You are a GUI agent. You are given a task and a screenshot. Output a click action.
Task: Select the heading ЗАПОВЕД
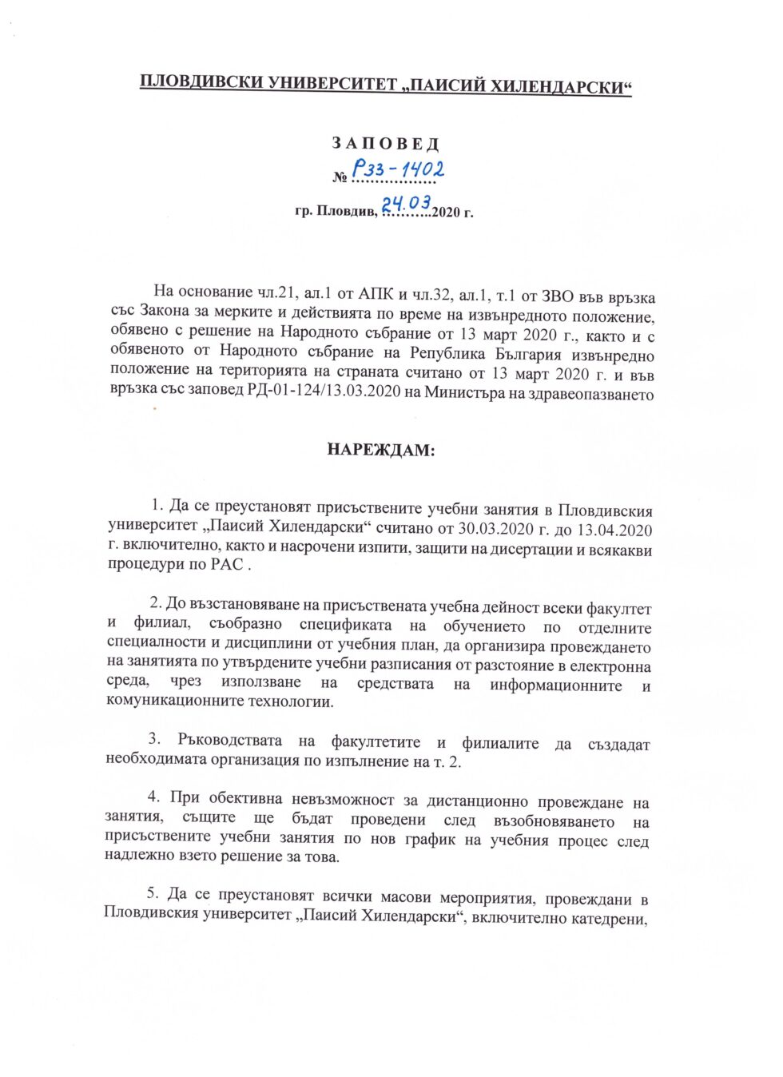(x=386, y=144)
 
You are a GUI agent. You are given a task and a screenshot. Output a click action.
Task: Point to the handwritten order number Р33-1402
(x=398, y=169)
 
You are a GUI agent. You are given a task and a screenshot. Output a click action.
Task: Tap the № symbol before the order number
(x=340, y=177)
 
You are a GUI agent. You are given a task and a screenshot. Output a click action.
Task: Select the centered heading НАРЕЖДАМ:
(x=380, y=450)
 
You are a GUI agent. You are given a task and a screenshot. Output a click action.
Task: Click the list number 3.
(x=154, y=738)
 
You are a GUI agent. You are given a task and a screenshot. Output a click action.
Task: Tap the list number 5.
(x=153, y=893)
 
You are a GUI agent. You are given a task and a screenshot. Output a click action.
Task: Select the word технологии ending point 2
(x=291, y=701)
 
